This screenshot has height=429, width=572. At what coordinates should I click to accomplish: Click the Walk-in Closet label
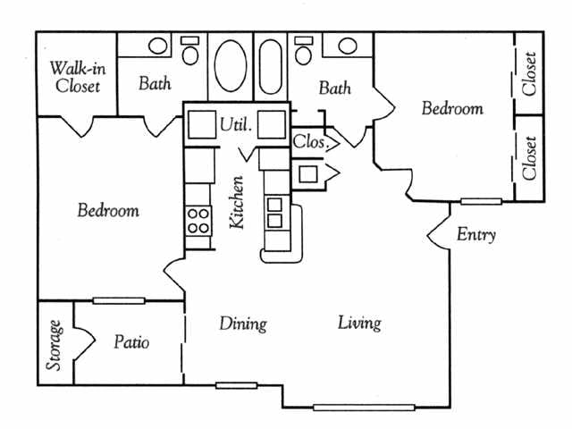pos(76,77)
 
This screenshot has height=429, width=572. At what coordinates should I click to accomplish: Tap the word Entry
pos(476,235)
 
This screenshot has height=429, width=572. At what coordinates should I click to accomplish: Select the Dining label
pos(243,323)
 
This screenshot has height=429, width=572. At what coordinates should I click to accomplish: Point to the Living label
pos(359,323)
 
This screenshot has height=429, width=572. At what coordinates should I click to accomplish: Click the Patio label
pos(132,342)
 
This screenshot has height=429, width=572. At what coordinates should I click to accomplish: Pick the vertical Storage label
pos(55,345)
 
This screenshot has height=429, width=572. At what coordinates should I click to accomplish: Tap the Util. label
pos(236,126)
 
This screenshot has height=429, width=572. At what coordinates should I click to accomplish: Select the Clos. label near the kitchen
pos(313,140)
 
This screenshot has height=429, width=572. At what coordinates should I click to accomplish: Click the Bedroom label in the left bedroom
pos(108,211)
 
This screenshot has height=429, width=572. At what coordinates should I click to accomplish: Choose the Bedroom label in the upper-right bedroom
pos(452,109)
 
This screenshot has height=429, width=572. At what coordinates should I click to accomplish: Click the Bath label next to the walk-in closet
pos(155,85)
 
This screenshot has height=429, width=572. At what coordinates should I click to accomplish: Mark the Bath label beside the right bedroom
pos(334,88)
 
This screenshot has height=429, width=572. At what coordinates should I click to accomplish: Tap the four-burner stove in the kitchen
pos(198,220)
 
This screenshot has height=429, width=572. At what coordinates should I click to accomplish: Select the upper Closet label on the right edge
pos(530,74)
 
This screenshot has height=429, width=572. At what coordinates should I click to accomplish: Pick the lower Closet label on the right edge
pos(530,157)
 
